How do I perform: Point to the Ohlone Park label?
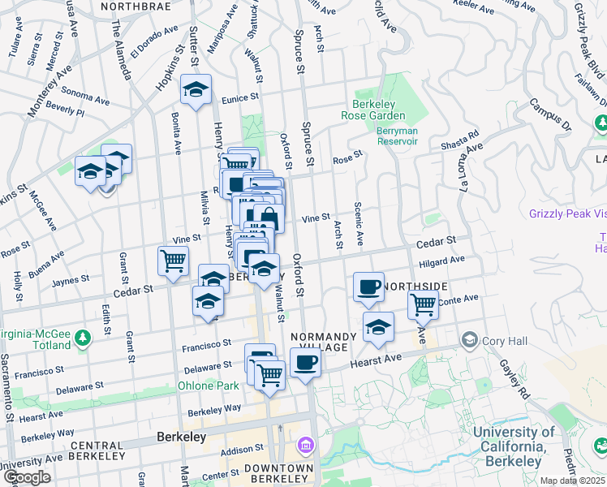pos(203,386)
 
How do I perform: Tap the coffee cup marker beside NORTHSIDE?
pos(368,287)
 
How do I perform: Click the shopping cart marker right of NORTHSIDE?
pos(422,304)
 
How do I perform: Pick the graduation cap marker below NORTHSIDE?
pos(377,327)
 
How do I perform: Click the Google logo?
pos(28,477)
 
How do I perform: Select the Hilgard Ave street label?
pos(441,261)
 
